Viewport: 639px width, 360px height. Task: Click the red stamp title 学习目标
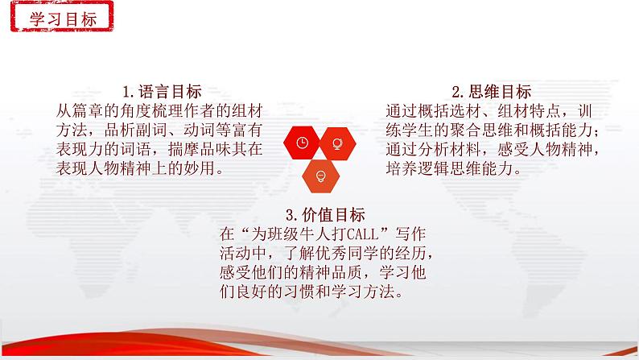62,17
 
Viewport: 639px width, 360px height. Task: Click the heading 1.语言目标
162,92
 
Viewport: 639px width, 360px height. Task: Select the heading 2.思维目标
492,92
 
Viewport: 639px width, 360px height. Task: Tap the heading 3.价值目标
325,215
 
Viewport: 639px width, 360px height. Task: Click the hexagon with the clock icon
302,143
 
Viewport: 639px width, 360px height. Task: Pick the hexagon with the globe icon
337,143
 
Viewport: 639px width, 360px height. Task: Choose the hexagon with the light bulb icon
321,176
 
